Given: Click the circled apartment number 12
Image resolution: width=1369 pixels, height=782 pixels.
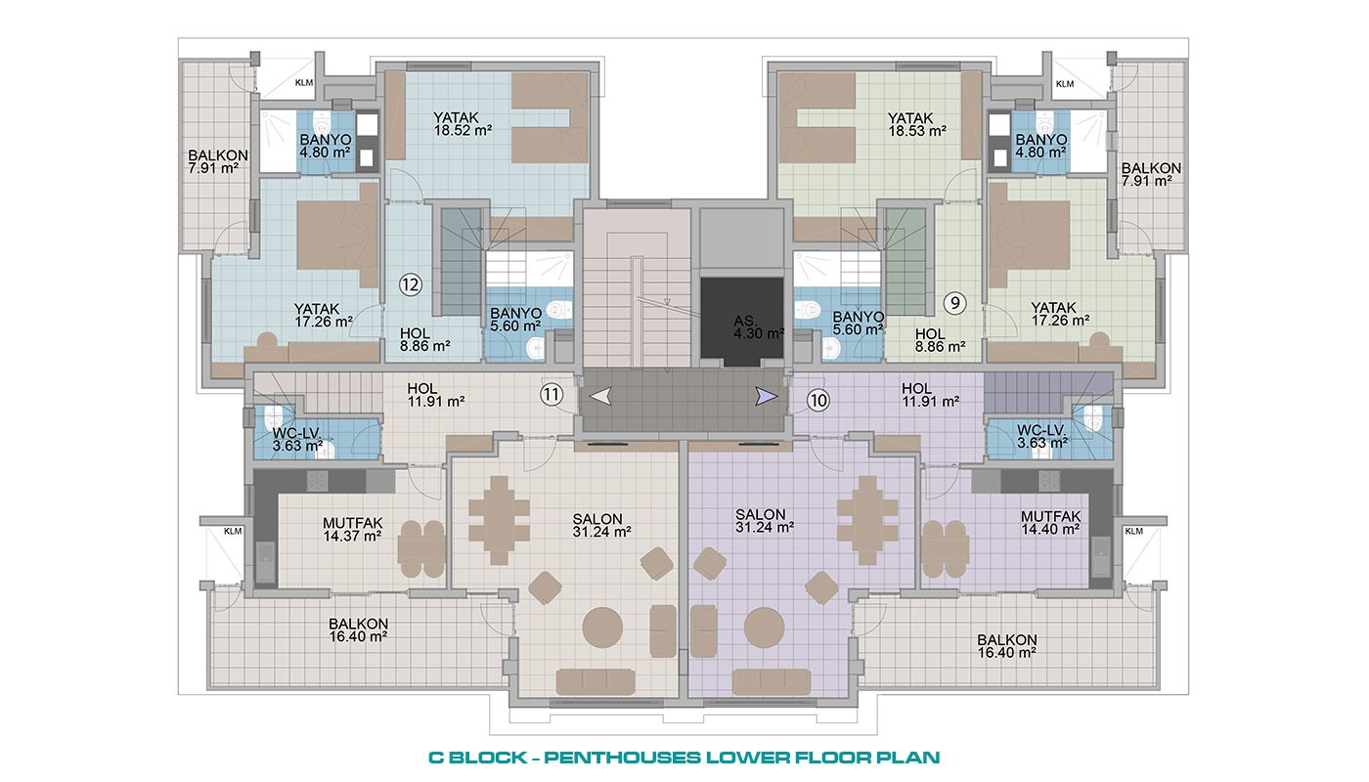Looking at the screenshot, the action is tap(411, 284).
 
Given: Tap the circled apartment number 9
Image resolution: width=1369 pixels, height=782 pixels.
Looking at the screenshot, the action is tap(955, 302).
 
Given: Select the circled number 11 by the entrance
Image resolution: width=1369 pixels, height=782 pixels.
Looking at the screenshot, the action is tap(552, 395).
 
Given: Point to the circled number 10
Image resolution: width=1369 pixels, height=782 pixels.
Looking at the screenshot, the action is tap(817, 401).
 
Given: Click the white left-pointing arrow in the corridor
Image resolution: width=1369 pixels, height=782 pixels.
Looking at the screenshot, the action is tap(600, 397).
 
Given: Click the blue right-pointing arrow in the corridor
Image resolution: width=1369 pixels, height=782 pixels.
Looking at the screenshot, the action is tap(767, 397).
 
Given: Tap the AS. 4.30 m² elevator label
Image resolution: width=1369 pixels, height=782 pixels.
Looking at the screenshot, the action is tap(759, 327).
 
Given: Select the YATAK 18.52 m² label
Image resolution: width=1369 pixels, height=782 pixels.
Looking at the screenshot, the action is tap(463, 123).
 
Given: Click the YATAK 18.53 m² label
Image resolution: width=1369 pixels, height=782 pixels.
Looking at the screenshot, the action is tap(917, 124).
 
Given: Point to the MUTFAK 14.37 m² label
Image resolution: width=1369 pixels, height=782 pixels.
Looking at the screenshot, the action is tap(353, 530).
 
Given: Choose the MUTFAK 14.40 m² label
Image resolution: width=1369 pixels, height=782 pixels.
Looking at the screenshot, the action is tap(1050, 523).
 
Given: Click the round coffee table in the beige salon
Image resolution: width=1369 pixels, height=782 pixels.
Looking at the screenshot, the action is tap(602, 627).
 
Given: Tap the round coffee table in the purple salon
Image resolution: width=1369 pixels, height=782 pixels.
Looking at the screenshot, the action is tap(765, 628).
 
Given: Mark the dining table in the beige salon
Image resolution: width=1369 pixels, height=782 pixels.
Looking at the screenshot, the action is tap(500, 520).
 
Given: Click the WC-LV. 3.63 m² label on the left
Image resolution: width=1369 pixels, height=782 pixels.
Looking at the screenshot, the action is tap(297, 439).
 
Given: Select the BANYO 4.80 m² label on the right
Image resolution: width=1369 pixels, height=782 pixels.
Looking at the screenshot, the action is tap(1041, 146).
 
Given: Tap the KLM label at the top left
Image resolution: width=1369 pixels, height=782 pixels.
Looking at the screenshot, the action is tap(304, 82).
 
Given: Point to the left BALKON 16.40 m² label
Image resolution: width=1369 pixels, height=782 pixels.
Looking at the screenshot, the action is tap(358, 630).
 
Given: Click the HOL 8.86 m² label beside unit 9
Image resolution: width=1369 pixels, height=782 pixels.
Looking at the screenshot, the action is tap(940, 340).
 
